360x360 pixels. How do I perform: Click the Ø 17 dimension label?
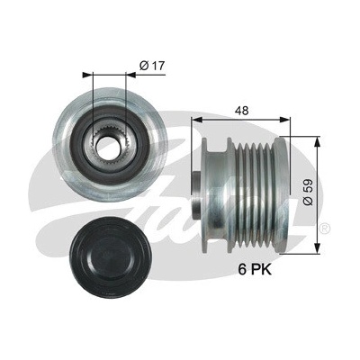[x=152, y=66]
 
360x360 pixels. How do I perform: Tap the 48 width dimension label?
[x=242, y=111]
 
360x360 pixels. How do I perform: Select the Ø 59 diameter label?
[x=308, y=193]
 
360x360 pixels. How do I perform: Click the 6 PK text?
[x=255, y=269]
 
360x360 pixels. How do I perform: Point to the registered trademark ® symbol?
[x=325, y=228]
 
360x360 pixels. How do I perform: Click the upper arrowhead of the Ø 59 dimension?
[x=316, y=142]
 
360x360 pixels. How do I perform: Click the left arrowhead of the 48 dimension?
[x=196, y=120]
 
